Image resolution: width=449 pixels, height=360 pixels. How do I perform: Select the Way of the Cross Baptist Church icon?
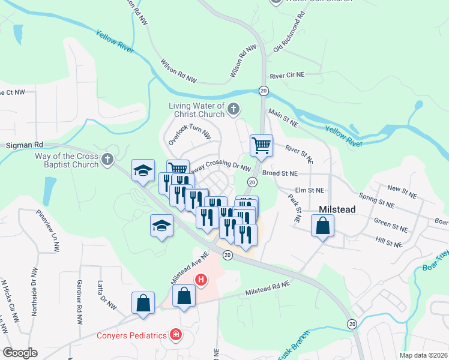(x=107, y=160)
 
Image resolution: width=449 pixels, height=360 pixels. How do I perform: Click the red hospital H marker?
(x=202, y=280)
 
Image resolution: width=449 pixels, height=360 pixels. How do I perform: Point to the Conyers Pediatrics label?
(x=131, y=335)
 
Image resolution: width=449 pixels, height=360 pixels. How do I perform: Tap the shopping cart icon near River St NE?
(x=261, y=146)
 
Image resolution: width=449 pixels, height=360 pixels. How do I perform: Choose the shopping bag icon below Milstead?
(x=323, y=226)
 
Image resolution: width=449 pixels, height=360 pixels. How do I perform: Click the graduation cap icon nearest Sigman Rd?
(x=143, y=171)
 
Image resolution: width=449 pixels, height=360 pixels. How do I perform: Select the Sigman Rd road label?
(x=25, y=145)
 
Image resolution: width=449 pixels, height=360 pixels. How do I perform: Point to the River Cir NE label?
(x=288, y=76)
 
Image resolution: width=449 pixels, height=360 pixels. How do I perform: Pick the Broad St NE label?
(x=280, y=173)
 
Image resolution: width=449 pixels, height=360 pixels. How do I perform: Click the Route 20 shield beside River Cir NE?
(x=264, y=91)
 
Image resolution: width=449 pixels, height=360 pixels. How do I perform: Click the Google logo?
(x=20, y=353)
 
